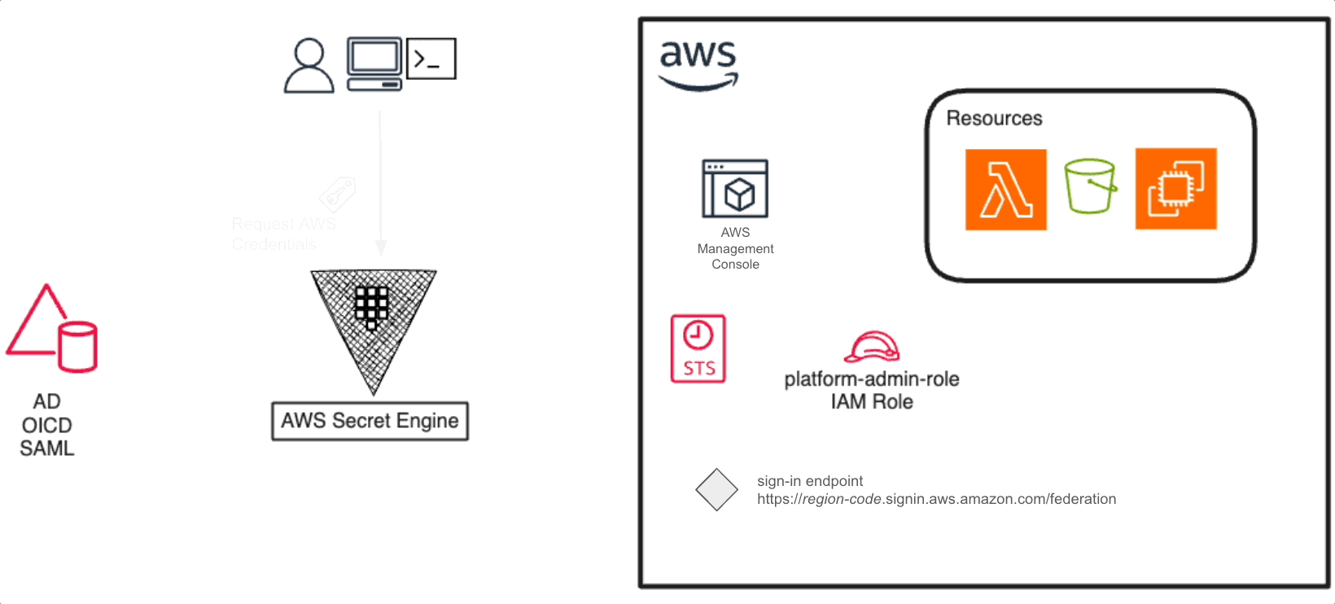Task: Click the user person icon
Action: point(309,66)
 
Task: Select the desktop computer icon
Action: point(374,63)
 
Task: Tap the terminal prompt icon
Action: point(431,59)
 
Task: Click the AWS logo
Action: point(698,65)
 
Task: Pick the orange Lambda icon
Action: point(1005,190)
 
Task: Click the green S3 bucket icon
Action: point(1090,186)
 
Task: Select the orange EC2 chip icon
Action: point(1175,189)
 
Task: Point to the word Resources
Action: point(994,119)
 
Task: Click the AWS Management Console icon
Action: point(735,189)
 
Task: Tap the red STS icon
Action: point(698,348)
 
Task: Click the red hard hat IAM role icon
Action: point(872,347)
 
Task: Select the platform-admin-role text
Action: point(871,379)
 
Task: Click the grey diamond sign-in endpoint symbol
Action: point(716,489)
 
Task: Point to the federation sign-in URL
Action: point(936,499)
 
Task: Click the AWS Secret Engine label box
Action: point(370,421)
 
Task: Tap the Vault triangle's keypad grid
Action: point(371,306)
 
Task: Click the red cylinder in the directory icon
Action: point(78,348)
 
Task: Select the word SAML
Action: point(47,449)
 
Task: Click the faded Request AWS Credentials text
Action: point(282,234)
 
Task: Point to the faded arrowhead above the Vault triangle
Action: point(380,247)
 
